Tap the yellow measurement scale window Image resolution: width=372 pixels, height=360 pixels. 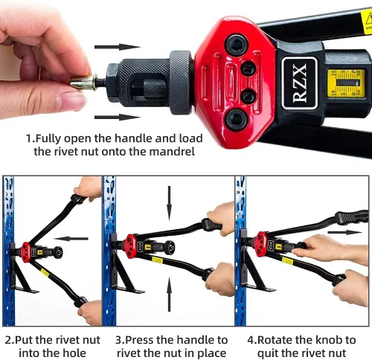click(346, 83)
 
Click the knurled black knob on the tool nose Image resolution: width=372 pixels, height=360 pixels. click(181, 82)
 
